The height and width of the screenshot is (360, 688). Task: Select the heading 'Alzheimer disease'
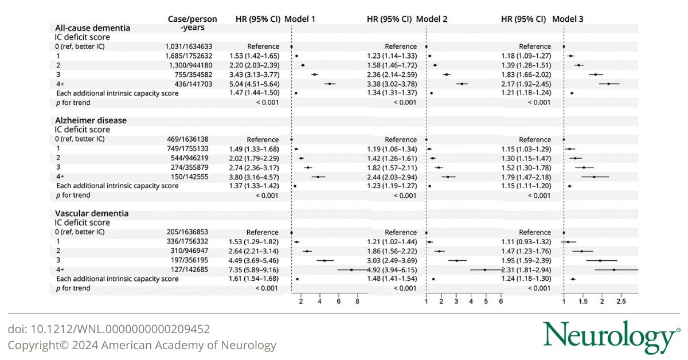click(x=91, y=120)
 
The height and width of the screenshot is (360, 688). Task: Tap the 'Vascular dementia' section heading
click(x=92, y=213)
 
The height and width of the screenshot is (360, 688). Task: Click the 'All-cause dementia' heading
click(x=92, y=27)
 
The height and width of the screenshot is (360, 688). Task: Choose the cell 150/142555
click(x=192, y=177)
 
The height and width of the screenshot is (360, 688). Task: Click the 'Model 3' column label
click(x=568, y=19)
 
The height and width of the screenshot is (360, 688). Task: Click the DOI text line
click(x=108, y=329)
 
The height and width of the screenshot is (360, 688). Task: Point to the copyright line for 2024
click(x=142, y=345)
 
